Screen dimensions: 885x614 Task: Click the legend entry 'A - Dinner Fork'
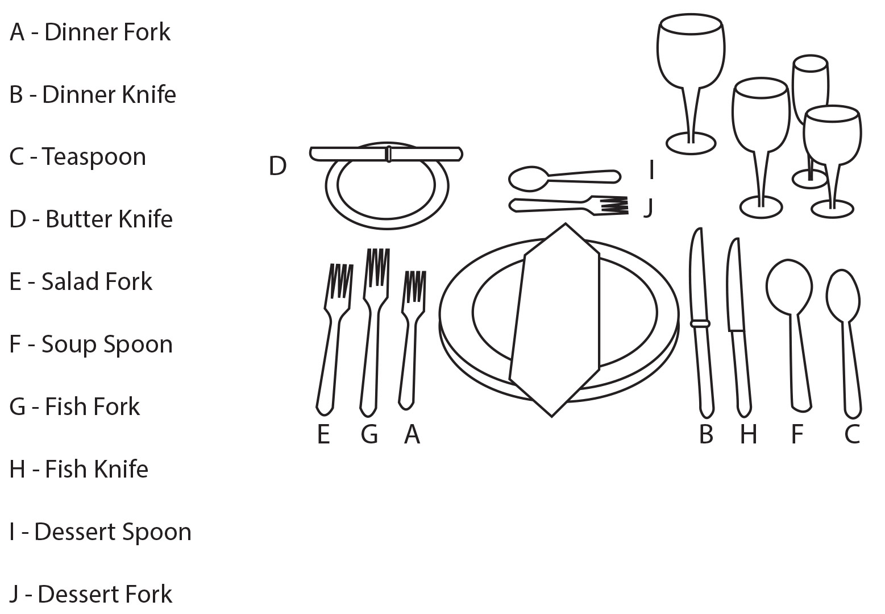[x=90, y=32]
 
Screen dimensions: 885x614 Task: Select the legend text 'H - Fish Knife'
[x=79, y=469]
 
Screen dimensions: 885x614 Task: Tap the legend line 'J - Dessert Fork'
[x=91, y=594]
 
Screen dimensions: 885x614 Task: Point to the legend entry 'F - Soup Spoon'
[x=91, y=345]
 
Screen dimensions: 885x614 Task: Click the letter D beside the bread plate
[x=277, y=166]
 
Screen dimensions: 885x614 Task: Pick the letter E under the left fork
[x=323, y=434]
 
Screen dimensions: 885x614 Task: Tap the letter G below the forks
[x=369, y=434]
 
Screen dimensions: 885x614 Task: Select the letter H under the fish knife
[x=749, y=434]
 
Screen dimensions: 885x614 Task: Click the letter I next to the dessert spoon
[x=651, y=170]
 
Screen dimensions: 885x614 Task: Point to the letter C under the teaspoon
[x=852, y=434]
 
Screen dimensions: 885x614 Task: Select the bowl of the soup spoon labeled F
[x=789, y=287]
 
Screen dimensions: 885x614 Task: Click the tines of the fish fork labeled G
[x=377, y=267]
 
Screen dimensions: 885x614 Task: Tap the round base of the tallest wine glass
[x=691, y=143]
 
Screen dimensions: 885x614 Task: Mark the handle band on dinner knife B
[x=700, y=323]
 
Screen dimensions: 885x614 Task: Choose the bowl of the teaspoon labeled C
[x=843, y=296]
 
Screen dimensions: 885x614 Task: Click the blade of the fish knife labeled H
[x=734, y=284]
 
